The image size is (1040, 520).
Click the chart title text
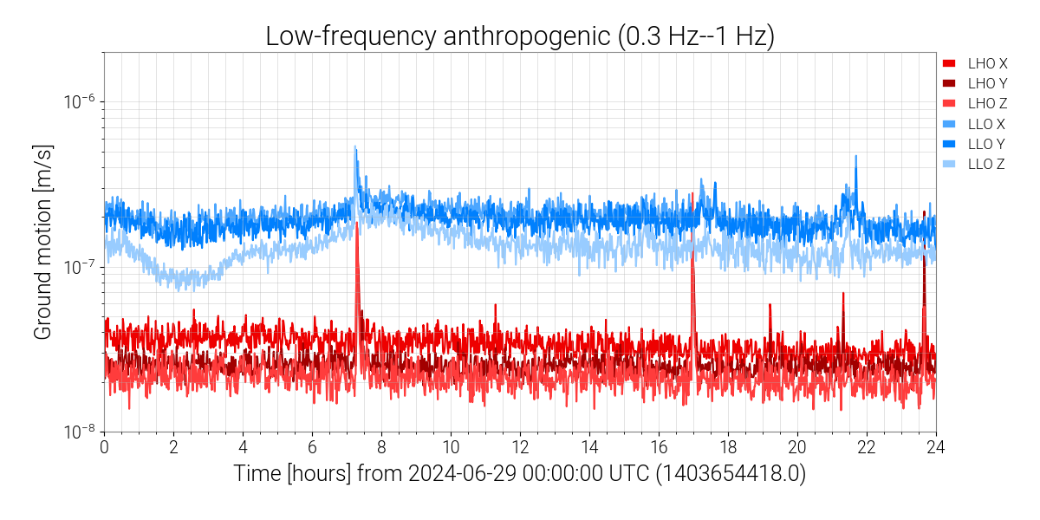click(x=519, y=36)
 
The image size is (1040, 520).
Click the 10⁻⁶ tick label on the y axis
click(x=79, y=101)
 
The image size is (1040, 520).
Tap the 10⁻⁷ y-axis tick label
click(x=79, y=267)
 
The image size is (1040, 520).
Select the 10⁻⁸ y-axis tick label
click(x=79, y=432)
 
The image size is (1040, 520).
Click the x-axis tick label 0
click(x=104, y=447)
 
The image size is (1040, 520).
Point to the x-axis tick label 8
click(x=381, y=447)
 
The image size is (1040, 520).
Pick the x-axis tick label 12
click(x=520, y=447)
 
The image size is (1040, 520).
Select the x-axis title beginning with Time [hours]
click(x=519, y=474)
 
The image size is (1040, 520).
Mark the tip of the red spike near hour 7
click(x=356, y=221)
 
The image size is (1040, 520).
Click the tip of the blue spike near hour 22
click(x=855, y=156)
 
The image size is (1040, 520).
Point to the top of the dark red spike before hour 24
click(x=924, y=211)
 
